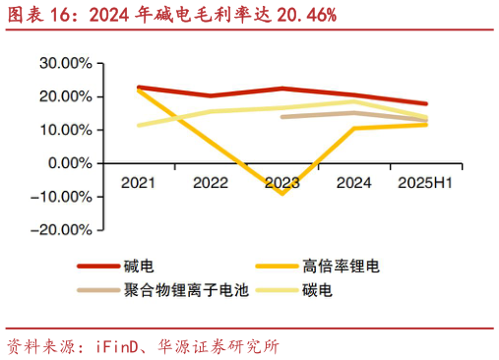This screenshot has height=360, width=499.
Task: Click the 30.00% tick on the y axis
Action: coord(64,63)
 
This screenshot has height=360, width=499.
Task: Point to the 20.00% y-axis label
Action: coord(64,96)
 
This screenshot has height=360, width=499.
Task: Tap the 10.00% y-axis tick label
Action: coord(64,130)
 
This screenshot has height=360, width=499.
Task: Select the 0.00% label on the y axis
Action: coord(68,163)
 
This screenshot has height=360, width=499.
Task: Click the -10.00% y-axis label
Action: coord(61,197)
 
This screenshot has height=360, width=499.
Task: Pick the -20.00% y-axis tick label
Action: coord(61,230)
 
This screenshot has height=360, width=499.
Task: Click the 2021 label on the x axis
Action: coord(139,183)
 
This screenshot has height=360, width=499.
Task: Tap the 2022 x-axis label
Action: coord(211,183)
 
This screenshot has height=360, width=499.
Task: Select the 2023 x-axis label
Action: coord(282,183)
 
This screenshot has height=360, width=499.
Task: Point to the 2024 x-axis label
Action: coord(354,183)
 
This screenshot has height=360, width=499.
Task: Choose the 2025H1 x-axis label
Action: coord(426,183)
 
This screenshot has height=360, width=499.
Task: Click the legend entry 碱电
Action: coord(139,266)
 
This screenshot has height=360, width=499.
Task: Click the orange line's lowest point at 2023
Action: coord(282,193)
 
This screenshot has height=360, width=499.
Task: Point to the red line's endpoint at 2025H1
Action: coord(426,103)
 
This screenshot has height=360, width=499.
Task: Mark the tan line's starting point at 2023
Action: coord(282,117)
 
